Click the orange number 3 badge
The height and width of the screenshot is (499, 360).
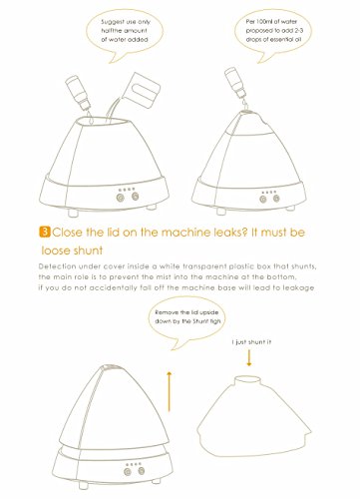[x=45, y=232]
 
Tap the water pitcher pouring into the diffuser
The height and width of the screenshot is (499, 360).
[x=142, y=88]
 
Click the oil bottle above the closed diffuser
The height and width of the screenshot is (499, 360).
[x=236, y=83]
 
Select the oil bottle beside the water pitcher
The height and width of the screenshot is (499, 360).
[x=78, y=92]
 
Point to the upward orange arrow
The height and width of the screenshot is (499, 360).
[x=170, y=391]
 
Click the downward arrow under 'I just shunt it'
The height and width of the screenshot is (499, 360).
[x=249, y=358]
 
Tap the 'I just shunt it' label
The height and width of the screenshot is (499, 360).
[x=251, y=342]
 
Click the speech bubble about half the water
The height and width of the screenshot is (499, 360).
[x=125, y=34]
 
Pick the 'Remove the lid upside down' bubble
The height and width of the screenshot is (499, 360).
[x=187, y=321]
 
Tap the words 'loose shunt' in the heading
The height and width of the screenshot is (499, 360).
[x=72, y=250]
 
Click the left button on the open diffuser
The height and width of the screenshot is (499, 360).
[x=121, y=198]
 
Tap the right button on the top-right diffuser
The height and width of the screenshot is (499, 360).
[x=276, y=199]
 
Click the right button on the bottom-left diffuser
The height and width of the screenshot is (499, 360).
[x=142, y=471]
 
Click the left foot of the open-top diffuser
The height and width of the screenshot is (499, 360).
[x=73, y=212]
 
